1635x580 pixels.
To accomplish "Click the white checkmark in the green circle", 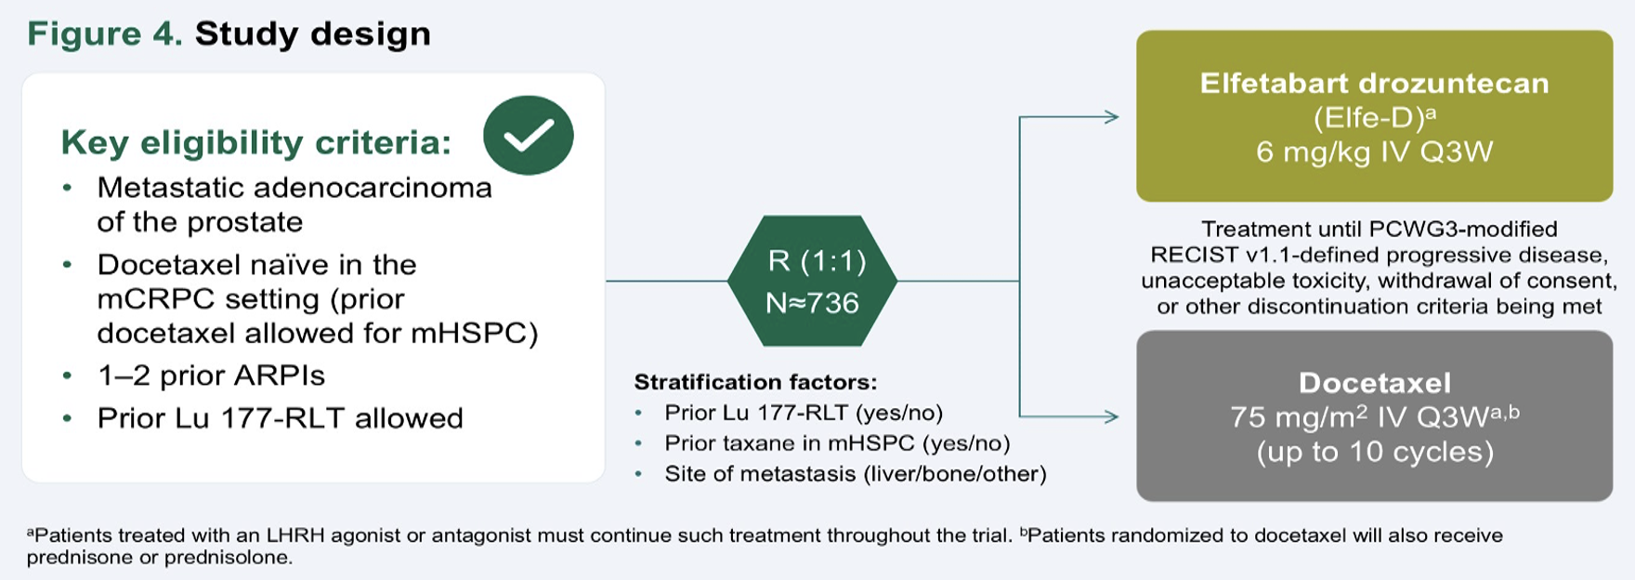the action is click(x=529, y=136).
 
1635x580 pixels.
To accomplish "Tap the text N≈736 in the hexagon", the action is click(x=812, y=303).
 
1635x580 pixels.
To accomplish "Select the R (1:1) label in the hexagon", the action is click(x=817, y=261).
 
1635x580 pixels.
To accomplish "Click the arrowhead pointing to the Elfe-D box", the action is click(x=1110, y=117).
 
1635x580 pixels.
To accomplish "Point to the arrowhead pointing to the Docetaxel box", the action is click(x=1110, y=416).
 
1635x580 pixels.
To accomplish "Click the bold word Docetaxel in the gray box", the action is click(x=1375, y=383).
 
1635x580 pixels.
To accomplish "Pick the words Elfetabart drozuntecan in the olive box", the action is click(x=1375, y=83).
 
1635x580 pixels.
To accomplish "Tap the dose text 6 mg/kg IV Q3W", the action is click(x=1375, y=152).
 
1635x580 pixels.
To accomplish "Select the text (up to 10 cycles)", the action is click(x=1375, y=452).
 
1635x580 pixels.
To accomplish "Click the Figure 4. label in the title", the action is click(x=105, y=34).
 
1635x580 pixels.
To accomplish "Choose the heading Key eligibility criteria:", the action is click(x=256, y=142).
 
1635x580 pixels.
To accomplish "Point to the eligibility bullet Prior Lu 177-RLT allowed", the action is click(x=280, y=418).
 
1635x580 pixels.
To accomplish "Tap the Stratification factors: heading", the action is click(x=755, y=382).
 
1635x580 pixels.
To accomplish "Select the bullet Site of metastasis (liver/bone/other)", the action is click(x=856, y=474).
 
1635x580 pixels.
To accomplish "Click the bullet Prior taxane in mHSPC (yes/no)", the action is click(x=837, y=443).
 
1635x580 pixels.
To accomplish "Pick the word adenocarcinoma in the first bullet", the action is click(x=373, y=188).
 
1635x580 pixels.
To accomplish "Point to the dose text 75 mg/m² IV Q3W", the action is click(x=1362, y=417).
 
